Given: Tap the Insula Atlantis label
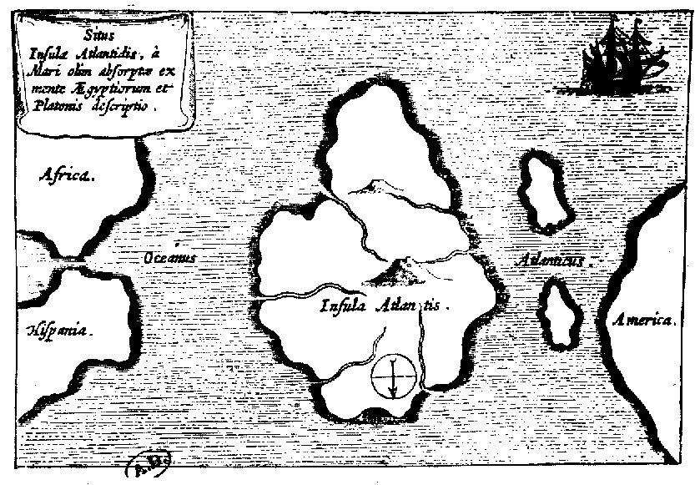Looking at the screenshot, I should [384, 306].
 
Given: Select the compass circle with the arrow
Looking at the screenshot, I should [392, 375].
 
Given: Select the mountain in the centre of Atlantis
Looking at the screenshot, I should [395, 269].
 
